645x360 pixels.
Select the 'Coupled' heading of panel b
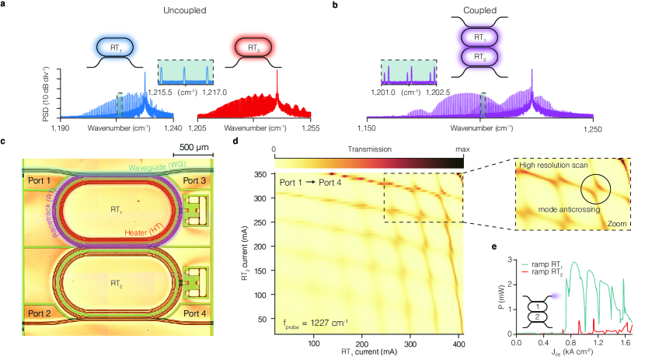coord(481,12)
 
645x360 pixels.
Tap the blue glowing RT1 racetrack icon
coord(117,48)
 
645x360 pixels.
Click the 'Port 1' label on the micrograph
coord(39,181)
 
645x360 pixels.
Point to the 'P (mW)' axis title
coord(497,295)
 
